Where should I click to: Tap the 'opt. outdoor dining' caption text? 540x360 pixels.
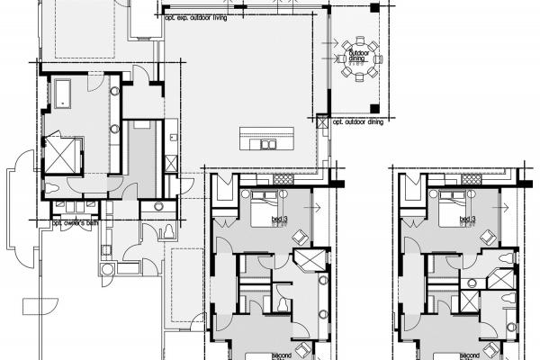coord(357,121)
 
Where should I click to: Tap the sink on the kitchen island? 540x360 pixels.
coord(266,143)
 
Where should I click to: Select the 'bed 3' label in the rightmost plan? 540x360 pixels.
coord(466,220)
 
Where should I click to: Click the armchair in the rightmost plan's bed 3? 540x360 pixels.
coord(489,236)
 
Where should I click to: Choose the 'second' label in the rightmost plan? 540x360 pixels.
coord(469,355)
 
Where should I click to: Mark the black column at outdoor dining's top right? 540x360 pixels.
coord(373,9)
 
